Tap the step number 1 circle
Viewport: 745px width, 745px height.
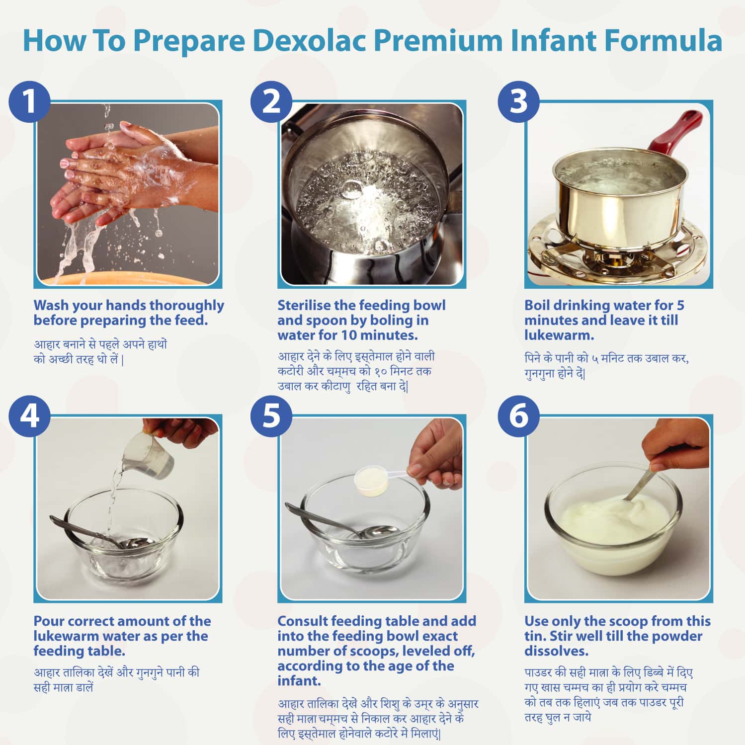click(x=29, y=101)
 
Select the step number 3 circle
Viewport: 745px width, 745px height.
click(x=518, y=101)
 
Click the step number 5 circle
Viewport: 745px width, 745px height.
click(x=271, y=415)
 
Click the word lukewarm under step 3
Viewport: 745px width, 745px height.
click(x=559, y=335)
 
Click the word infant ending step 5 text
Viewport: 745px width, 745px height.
click(x=298, y=681)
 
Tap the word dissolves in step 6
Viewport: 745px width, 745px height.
click(x=556, y=651)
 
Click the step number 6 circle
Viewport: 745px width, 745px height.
click(x=518, y=415)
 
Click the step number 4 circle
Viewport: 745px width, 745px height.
click(x=29, y=415)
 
